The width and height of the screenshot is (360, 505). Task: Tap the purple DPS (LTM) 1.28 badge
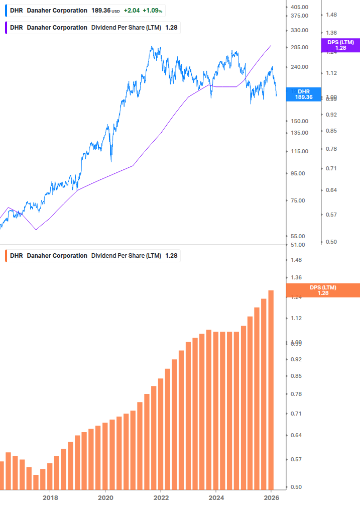point(340,45)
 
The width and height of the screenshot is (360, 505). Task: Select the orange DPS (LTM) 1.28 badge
point(323,290)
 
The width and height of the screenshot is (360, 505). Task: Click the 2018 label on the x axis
point(50,497)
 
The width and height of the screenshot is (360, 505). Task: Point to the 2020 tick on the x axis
point(105,497)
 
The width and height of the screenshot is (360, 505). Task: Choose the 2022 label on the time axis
point(161,497)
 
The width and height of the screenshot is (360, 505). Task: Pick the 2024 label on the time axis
point(216,497)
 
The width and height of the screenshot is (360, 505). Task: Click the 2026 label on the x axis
point(271,497)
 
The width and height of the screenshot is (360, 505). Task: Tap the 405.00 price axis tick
point(299,7)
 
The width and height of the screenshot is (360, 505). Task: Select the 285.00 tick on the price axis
point(299,47)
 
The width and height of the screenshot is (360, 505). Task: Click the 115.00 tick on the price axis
point(299,151)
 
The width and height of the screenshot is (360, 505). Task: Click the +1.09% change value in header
point(154,10)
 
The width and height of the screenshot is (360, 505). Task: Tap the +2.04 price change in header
point(132,10)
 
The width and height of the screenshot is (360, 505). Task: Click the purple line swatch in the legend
point(6,27)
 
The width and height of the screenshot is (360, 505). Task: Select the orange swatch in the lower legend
point(6,255)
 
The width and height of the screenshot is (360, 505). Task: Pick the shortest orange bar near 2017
point(36,482)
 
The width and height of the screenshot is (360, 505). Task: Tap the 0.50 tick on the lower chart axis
point(296,487)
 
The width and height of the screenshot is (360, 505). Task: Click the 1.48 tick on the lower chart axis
point(296,260)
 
